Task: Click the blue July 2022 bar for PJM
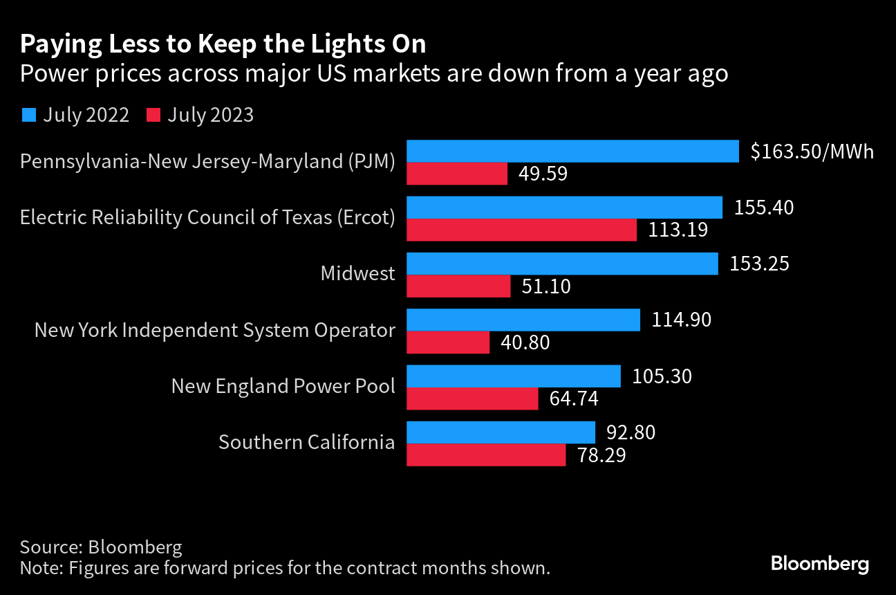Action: coord(573,152)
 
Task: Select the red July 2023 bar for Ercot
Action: coord(521,230)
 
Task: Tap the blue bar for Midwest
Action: coord(562,264)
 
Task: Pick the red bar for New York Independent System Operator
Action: coord(448,342)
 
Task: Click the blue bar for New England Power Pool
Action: coord(514,376)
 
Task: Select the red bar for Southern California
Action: coord(487,455)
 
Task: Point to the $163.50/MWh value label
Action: coord(812,152)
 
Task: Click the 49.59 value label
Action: coord(543,174)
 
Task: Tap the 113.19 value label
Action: coord(678,230)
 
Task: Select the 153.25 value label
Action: coord(759,264)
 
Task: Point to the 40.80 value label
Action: coord(525,342)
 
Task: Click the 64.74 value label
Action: coord(574,399)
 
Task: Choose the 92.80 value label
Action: coord(631,432)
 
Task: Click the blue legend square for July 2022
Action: coord(29,115)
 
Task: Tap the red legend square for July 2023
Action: coord(153,115)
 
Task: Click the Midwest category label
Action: coord(357,273)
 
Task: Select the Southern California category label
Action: coord(306,442)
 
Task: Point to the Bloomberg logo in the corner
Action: coord(819,564)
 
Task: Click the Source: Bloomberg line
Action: coord(101,547)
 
